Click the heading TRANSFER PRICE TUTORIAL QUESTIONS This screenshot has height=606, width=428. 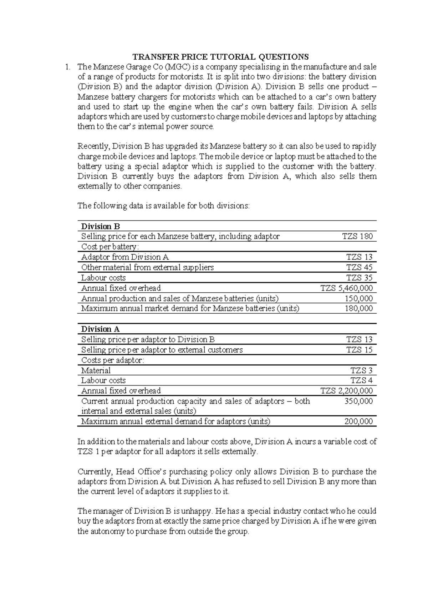pyautogui.click(x=220, y=57)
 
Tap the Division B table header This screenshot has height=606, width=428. pyautogui.click(x=100, y=226)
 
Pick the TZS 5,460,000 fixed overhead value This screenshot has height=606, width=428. pyautogui.click(x=347, y=288)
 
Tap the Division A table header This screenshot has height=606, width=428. pyautogui.click(x=100, y=329)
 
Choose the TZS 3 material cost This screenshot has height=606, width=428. pyautogui.click(x=362, y=370)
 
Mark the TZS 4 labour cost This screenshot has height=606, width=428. pyautogui.click(x=362, y=380)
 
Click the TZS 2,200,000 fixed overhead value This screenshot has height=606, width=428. pyautogui.click(x=347, y=391)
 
